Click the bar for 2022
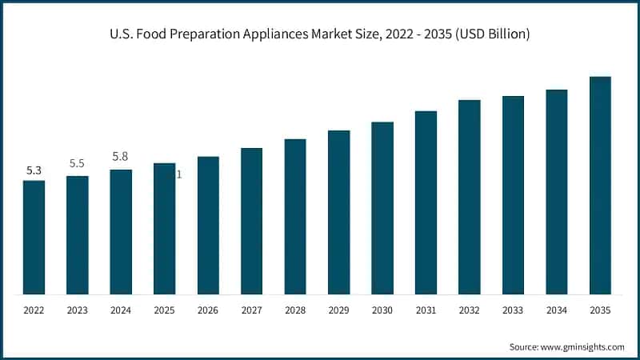pyautogui.click(x=34, y=237)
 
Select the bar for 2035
pyautogui.click(x=600, y=185)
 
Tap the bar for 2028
pyautogui.click(x=295, y=216)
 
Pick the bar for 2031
pyautogui.click(x=426, y=202)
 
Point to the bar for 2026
pyautogui.click(x=208, y=225)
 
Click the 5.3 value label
pyautogui.click(x=34, y=170)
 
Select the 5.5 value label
pyautogui.click(x=77, y=163)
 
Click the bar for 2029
pyautogui.click(x=338, y=212)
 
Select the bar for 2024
pyautogui.click(x=121, y=231)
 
